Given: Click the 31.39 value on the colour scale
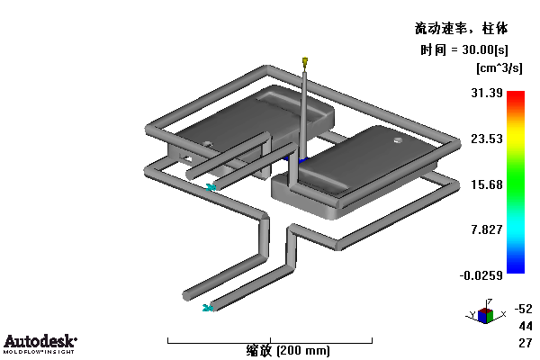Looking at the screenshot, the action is pyautogui.click(x=487, y=93).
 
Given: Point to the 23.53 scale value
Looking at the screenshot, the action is pyautogui.click(x=487, y=139).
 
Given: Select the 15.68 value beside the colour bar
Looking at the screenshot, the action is pyautogui.click(x=487, y=184).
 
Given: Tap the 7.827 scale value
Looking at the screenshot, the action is pyautogui.click(x=487, y=229).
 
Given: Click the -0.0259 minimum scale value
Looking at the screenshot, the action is pyautogui.click(x=481, y=275).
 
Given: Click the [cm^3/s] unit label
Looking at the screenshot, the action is pyautogui.click(x=499, y=67).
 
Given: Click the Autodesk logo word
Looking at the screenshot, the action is pyautogui.click(x=40, y=341).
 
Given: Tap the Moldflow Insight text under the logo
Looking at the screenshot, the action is pyautogui.click(x=39, y=352).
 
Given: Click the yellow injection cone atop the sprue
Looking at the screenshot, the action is pyautogui.click(x=305, y=62).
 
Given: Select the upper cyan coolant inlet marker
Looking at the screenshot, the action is pyautogui.click(x=211, y=187).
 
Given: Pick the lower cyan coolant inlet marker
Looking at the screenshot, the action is pyautogui.click(x=207, y=308).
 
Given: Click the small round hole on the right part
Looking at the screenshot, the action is pyautogui.click(x=398, y=140).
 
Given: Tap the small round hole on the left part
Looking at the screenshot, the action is pyautogui.click(x=207, y=143).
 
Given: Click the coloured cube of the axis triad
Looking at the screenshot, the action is pyautogui.click(x=485, y=315).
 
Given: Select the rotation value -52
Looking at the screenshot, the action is pyautogui.click(x=524, y=309).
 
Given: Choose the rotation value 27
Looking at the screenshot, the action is pyautogui.click(x=526, y=343).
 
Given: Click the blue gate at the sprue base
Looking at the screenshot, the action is pyautogui.click(x=297, y=160).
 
